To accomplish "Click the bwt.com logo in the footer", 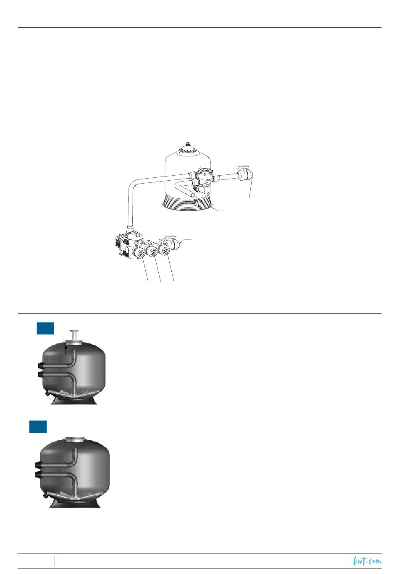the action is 367,561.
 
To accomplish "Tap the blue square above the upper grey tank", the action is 45,329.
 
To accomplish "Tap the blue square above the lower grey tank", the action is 38,427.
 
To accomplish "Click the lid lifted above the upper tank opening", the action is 74,335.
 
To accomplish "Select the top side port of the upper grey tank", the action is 41,366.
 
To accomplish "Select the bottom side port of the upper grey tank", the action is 41,375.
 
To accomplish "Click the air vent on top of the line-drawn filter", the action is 188,143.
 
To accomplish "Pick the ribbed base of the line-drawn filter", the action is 188,202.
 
